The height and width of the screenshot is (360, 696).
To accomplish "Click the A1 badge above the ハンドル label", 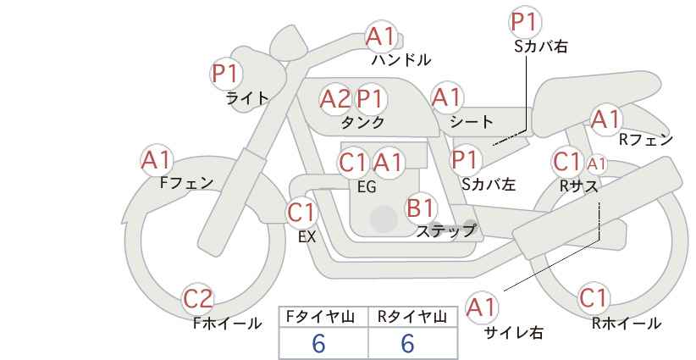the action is coord(380,36).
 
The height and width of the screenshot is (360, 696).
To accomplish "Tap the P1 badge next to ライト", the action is coord(226,73).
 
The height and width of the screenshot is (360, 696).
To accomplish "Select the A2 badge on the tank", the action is coord(335,99).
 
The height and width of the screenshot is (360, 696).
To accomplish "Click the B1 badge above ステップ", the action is coord(420,208).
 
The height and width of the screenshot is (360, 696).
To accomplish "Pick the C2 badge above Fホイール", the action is coord(198,298).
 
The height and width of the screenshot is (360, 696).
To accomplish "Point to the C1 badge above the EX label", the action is coord(301,212).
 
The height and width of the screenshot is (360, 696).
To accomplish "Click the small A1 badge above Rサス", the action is coord(596,164).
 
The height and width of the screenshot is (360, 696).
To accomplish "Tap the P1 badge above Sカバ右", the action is coord(525,22).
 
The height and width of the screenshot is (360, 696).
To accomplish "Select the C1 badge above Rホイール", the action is coord(594,297).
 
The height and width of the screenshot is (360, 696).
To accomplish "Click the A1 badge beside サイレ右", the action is coord(481,307).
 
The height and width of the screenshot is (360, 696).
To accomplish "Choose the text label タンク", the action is coord(362,123).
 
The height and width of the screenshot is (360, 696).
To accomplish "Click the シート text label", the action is coord(472,121).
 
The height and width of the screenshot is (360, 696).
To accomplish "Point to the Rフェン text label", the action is coord(646,140).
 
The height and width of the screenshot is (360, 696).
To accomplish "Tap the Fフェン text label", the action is coord(186,182).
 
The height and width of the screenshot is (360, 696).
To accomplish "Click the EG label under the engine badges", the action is coord(367,187).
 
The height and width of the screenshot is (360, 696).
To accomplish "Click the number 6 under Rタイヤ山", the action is coord(407,343).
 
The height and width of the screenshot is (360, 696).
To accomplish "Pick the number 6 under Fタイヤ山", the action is coord(318,343).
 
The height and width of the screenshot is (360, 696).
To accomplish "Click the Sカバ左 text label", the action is coord(489,184).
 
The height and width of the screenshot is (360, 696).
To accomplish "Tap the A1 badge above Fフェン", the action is coord(157,160).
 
